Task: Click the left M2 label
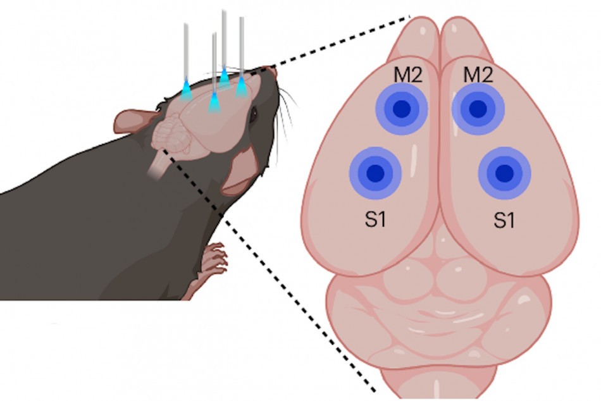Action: pos(408,75)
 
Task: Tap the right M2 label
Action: pos(478,75)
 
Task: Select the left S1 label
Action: pos(375,219)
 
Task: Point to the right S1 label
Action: pos(504,220)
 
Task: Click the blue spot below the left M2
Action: pos(402,109)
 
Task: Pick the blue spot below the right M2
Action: pos(478,109)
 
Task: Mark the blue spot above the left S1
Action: pos(376,173)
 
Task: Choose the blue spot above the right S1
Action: pos(504,173)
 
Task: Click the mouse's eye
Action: pos(253,114)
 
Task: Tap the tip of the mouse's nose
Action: pos(274,70)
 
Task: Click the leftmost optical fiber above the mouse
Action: pos(186,61)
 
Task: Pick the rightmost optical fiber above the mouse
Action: pos(242,57)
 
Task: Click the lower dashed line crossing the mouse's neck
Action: pos(269,271)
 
